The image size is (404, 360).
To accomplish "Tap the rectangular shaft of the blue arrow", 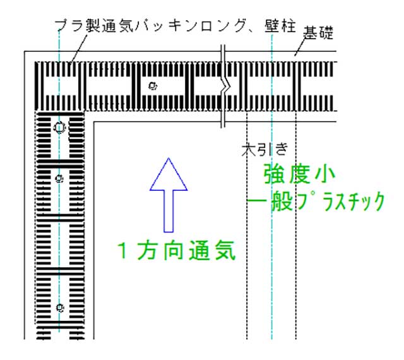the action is pos(169,211).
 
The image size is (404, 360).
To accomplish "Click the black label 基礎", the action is pos(318,33).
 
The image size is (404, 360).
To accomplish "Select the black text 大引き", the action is pos(264,150).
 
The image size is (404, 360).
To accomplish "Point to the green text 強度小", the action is pos(299,174).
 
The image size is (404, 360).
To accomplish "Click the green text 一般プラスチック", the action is pos(316,201).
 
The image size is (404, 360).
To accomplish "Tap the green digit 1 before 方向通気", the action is pos(123,250).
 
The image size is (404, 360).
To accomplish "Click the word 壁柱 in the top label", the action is pos(280,26).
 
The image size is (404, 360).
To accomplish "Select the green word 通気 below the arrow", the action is pos(212,250).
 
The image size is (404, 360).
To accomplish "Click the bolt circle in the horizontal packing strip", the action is pos(153,86).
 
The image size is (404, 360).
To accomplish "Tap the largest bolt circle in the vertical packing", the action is pos(59,128).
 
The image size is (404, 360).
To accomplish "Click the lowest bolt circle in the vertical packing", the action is pos(60,308).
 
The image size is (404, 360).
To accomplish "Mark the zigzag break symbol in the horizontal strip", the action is pos(223,87).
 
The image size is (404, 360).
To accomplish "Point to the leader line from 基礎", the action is pos(299,47).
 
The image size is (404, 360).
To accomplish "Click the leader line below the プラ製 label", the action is pos(78,49).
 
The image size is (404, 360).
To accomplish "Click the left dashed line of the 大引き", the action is pos(247,224).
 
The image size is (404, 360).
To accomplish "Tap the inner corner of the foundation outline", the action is pos(93,122).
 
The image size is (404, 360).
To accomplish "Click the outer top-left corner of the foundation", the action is pos(25,51).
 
